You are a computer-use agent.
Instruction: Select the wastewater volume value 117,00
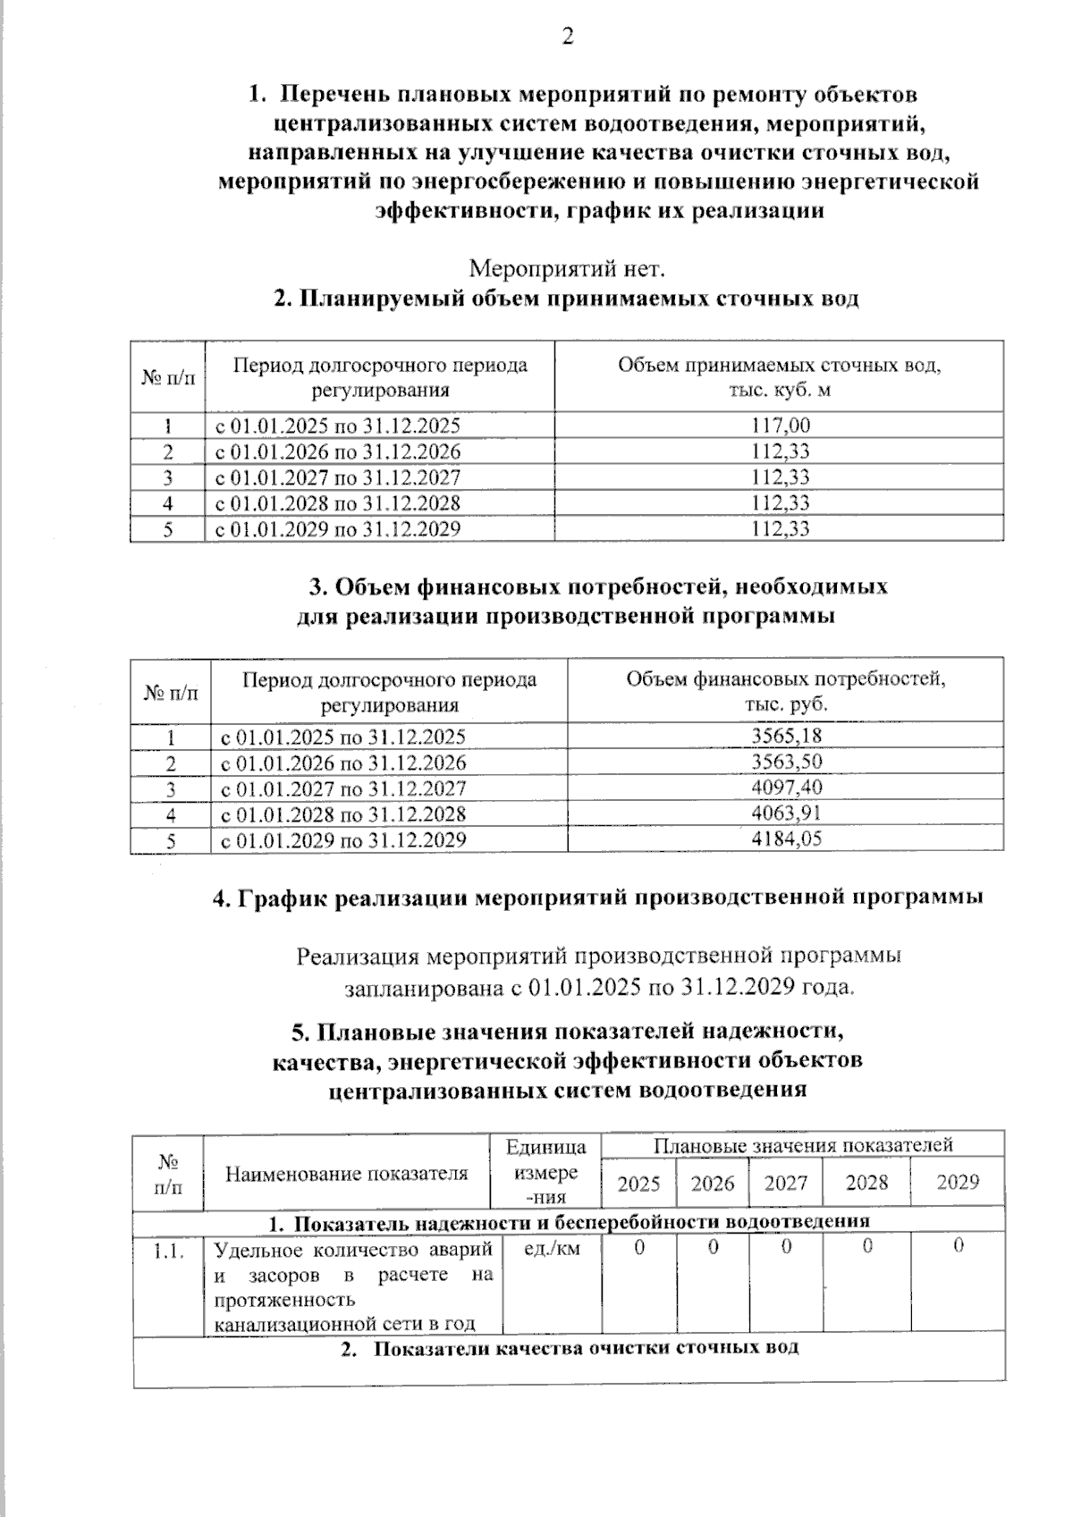point(780,425)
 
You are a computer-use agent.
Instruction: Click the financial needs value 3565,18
point(786,736)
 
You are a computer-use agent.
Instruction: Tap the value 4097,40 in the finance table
point(786,788)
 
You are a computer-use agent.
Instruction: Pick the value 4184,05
point(786,839)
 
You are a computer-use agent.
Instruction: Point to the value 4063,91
point(786,813)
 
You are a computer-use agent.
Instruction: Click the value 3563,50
point(786,762)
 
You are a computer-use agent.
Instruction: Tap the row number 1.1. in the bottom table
point(168,1252)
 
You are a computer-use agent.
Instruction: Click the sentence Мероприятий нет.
point(567,268)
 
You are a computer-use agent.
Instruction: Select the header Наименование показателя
point(346,1174)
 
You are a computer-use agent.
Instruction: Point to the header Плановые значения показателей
point(802,1145)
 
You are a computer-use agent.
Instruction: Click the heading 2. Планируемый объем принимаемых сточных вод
point(566,299)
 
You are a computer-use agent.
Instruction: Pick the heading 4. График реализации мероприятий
point(597,898)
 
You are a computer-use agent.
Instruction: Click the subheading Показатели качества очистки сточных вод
point(584,1348)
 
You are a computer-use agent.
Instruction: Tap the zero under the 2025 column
point(638,1247)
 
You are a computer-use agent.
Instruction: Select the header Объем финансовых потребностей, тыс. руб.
point(785,690)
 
